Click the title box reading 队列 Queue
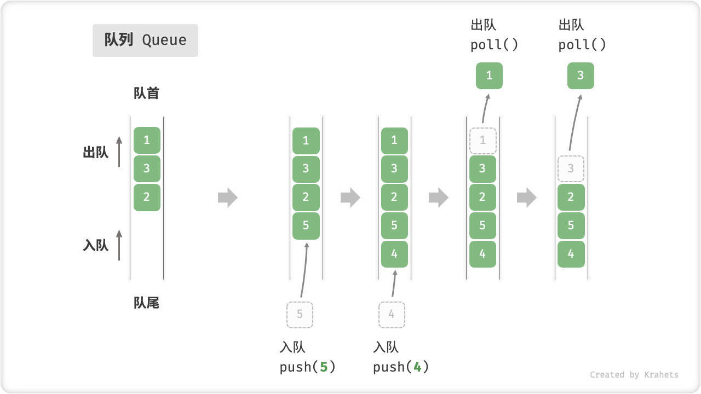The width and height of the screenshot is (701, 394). [x=145, y=40]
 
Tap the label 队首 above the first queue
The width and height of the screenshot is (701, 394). [x=146, y=94]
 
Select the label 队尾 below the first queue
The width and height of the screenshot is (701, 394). [x=146, y=303]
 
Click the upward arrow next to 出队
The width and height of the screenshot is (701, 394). [x=119, y=152]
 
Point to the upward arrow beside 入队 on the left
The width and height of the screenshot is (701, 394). [x=119, y=245]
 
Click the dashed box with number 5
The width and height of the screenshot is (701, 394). [x=300, y=315]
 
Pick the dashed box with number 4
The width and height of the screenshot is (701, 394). [x=392, y=315]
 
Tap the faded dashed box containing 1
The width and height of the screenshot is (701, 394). [x=482, y=141]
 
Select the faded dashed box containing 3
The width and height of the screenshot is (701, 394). [x=571, y=169]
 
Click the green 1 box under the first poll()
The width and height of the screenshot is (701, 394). [x=489, y=76]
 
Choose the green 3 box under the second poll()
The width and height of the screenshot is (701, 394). [x=581, y=76]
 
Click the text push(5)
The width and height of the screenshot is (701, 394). [x=307, y=367]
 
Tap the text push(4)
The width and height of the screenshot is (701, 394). [x=401, y=367]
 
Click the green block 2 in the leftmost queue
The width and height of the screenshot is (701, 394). [x=147, y=198]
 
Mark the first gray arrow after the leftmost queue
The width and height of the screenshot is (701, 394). [x=227, y=198]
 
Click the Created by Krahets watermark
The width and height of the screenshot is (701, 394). [x=634, y=375]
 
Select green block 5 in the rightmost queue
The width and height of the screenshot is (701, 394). [x=571, y=225]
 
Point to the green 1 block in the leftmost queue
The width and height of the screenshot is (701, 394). [x=147, y=141]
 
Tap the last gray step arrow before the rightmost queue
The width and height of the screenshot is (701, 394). [x=527, y=198]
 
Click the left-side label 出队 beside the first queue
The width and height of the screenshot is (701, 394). [x=96, y=153]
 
